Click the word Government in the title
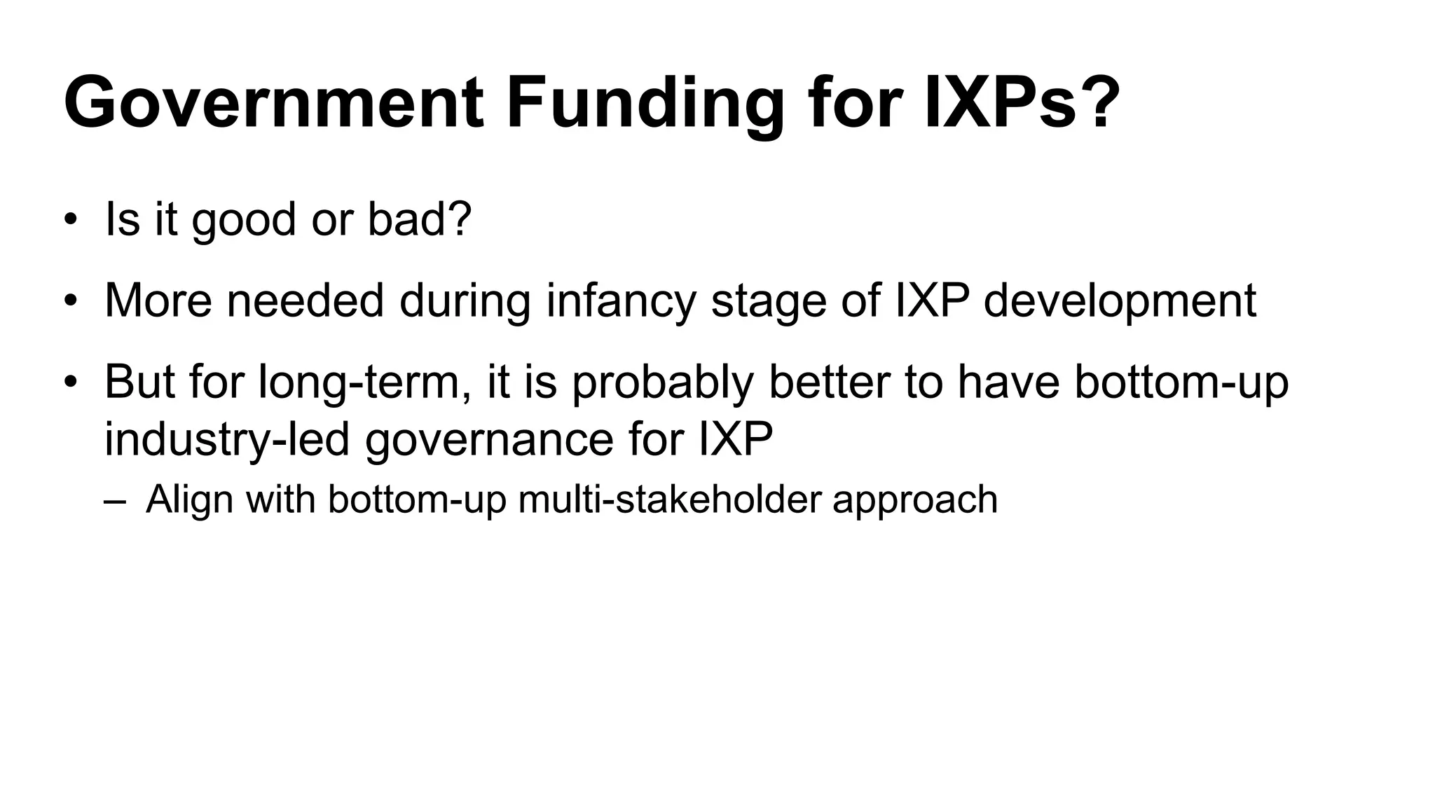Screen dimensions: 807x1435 pos(273,104)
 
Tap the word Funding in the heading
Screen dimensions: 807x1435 pos(645,104)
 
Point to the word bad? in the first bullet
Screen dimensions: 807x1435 pos(420,219)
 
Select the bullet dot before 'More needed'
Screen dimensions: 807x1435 pos(69,301)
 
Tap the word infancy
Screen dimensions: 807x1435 pos(621,301)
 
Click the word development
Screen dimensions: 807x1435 pos(1120,301)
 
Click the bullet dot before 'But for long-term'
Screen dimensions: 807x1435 pos(69,382)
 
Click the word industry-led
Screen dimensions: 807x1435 pos(226,440)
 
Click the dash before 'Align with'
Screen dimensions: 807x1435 pos(114,500)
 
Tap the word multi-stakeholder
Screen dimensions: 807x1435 pos(669,499)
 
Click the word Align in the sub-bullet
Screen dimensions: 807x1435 pos(189,500)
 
